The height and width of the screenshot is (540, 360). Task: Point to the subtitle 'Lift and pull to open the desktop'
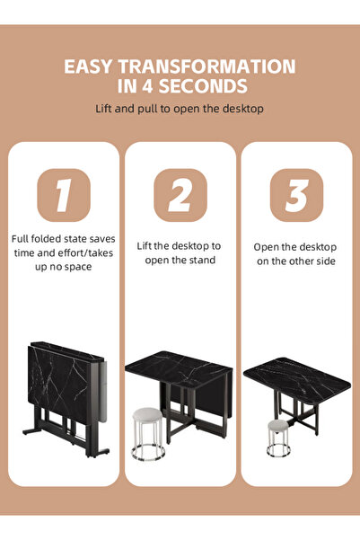tap(180, 109)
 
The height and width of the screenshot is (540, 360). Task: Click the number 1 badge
tap(63, 195)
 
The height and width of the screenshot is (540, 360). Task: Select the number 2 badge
tap(180, 195)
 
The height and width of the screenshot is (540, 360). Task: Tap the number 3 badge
tap(296, 195)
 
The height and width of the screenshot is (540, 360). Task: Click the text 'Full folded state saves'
tap(63, 239)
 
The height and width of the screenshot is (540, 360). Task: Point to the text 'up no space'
tap(63, 267)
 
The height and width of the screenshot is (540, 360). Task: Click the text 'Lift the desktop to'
tap(179, 245)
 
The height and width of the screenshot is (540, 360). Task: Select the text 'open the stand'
tap(179, 261)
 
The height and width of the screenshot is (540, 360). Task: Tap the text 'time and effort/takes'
tap(63, 253)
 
